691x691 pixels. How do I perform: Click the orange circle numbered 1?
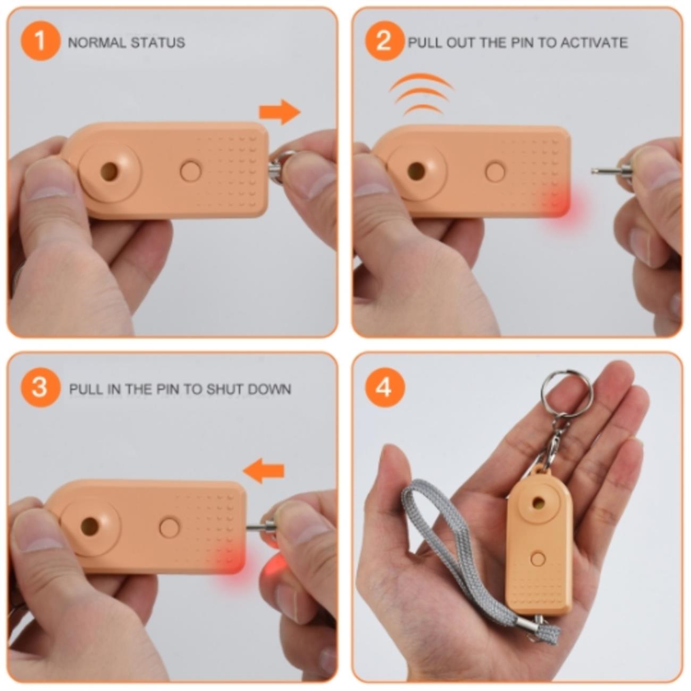tap(40, 41)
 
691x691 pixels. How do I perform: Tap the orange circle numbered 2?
tap(385, 41)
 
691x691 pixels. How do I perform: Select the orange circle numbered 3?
tap(40, 387)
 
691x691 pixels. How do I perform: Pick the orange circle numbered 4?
tap(385, 387)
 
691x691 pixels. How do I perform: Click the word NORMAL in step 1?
tap(96, 43)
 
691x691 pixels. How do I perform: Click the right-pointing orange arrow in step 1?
tap(280, 112)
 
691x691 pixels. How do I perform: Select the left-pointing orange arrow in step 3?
tap(264, 470)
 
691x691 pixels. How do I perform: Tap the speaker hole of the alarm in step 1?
tap(110, 171)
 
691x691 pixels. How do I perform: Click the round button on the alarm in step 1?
tap(191, 171)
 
